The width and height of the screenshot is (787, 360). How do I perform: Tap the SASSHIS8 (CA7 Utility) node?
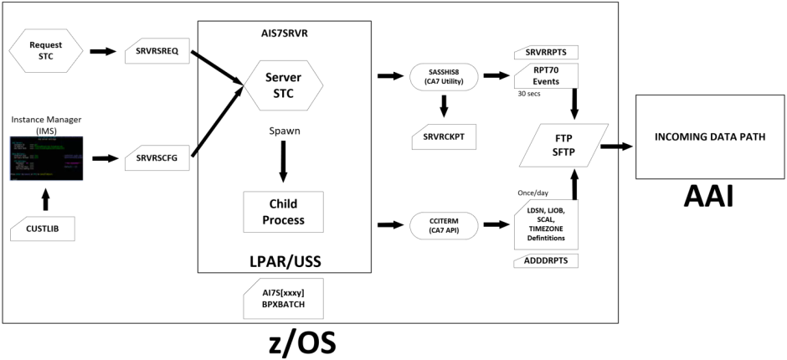click(x=444, y=77)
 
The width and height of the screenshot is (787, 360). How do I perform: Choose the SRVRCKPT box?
click(x=444, y=137)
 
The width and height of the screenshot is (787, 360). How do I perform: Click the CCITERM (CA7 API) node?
click(x=444, y=224)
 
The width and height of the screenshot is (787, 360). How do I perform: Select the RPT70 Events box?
click(x=546, y=76)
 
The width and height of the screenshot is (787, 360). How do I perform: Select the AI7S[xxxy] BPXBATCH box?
click(x=282, y=297)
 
